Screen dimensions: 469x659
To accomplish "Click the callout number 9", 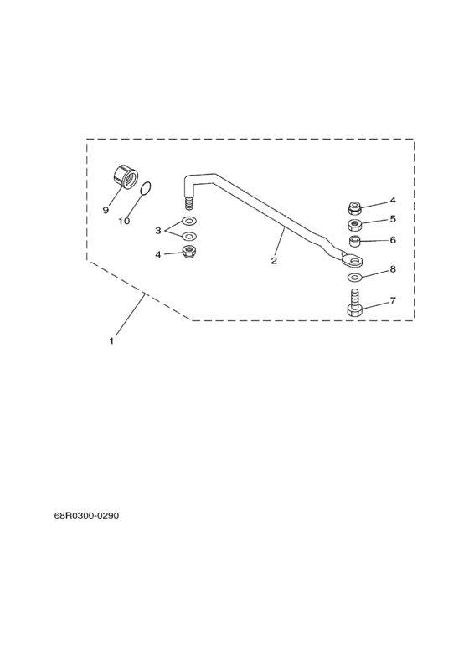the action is pos(106,210).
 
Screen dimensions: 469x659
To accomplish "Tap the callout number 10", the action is pos(124,221).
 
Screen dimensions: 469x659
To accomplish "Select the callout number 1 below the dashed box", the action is pos(111,341).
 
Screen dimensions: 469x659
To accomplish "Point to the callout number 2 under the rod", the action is pos(274,261).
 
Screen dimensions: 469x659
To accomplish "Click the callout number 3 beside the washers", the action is pos(158,230).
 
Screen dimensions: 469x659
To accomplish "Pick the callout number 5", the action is pos(393,219).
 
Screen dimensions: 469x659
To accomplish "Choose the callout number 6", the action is pos(393,239).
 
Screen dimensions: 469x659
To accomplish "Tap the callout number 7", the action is pos(393,300).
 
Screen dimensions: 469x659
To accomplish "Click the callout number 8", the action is pos(393,269).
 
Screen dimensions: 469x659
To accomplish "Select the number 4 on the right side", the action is pos(393,200).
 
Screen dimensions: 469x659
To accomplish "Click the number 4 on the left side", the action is pos(158,254).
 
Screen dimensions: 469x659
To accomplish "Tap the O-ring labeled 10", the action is pos(145,189).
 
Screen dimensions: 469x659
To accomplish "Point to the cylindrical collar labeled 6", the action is pos(356,242).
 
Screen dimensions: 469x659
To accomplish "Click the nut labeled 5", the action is pos(355,225).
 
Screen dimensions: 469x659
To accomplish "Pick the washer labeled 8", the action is pos(355,277).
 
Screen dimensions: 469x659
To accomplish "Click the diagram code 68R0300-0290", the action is pos(86,515).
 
